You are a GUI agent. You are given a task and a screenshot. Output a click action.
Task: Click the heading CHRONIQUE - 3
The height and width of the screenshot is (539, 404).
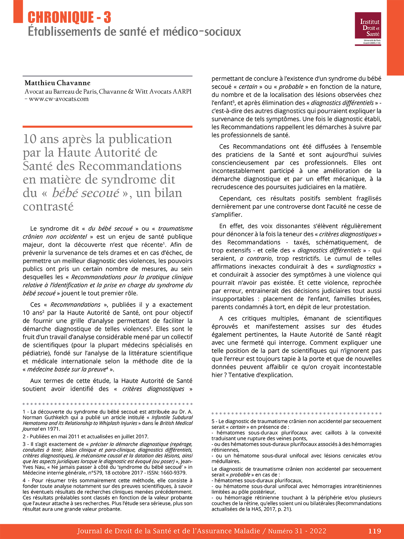[69, 18]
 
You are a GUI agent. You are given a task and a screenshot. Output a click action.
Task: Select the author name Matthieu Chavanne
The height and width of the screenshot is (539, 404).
[58, 83]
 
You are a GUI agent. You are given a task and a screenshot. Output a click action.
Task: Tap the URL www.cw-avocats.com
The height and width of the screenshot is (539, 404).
[59, 99]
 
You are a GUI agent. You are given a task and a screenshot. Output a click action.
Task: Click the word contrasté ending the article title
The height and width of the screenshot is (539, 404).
[48, 206]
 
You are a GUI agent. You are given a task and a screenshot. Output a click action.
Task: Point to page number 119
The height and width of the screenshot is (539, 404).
[374, 531]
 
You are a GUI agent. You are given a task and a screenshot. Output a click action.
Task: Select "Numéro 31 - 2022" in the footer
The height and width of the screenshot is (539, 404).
[297, 531]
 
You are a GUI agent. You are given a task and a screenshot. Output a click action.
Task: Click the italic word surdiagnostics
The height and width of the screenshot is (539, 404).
[356, 266]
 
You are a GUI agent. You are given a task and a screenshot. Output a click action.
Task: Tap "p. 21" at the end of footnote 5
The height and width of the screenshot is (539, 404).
[284, 509]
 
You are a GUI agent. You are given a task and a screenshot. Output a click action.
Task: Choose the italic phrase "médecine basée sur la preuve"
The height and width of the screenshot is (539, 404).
[67, 369]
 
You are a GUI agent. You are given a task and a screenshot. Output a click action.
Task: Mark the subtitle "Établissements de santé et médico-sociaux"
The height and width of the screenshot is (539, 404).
[134, 32]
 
